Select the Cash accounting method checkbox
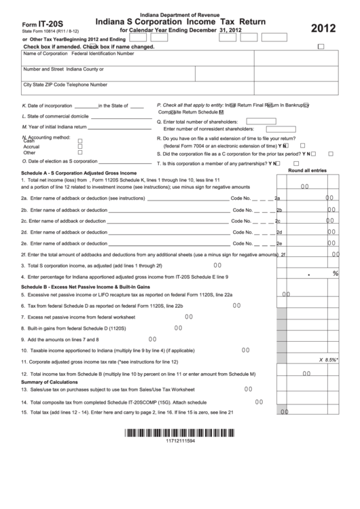80,139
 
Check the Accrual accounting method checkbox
80,146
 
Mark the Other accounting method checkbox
80,152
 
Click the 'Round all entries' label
307,170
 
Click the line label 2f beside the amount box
284,255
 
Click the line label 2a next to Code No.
277,198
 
